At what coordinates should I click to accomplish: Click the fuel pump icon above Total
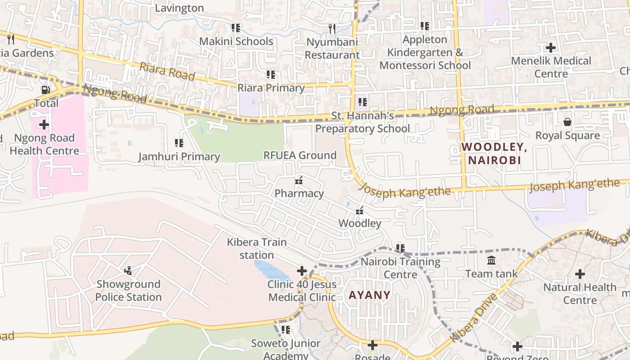(45, 90)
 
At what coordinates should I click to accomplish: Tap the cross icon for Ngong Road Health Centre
(44, 124)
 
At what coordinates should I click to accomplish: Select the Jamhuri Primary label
(179, 157)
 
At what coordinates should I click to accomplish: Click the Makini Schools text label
(236, 41)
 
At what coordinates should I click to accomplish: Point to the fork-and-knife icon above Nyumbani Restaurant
(332, 29)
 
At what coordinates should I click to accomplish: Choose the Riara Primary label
(271, 88)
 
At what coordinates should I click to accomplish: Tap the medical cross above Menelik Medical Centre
(551, 47)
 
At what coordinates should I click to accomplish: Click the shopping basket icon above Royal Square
(567, 122)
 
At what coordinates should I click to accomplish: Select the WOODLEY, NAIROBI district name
(494, 153)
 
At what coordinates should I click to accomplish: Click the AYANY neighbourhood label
(369, 295)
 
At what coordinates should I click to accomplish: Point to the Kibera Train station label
(256, 248)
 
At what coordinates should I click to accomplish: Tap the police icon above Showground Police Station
(128, 271)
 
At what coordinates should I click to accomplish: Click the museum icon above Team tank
(491, 260)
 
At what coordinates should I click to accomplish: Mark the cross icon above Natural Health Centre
(580, 273)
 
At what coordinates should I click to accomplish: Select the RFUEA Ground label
(300, 155)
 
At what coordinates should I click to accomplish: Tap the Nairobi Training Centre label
(400, 268)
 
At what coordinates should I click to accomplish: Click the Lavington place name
(179, 8)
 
